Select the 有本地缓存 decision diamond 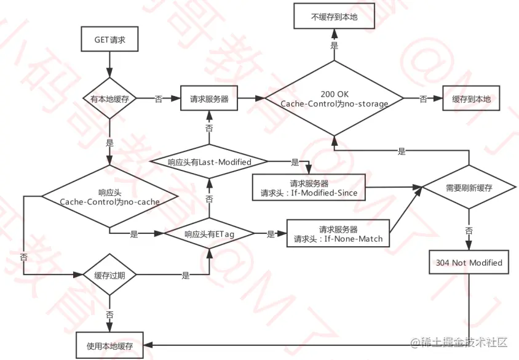pyautogui.click(x=110, y=98)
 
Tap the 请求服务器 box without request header pyautogui.click(x=209, y=98)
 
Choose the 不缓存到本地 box pyautogui.click(x=334, y=17)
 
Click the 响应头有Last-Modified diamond pyautogui.click(x=209, y=162)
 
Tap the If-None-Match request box pyautogui.click(x=338, y=234)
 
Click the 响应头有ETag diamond pyautogui.click(x=210, y=234)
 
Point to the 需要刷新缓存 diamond pyautogui.click(x=469, y=187)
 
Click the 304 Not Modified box pyautogui.click(x=469, y=263)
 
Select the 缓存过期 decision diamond pyautogui.click(x=110, y=275)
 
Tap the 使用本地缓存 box pyautogui.click(x=110, y=345)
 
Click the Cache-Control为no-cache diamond pyautogui.click(x=110, y=197)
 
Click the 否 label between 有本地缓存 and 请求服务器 pyautogui.click(x=159, y=98)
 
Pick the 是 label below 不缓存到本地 pyautogui.click(x=335, y=46)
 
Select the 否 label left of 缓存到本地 pyautogui.click(x=423, y=98)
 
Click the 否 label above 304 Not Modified pyautogui.click(x=469, y=230)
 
